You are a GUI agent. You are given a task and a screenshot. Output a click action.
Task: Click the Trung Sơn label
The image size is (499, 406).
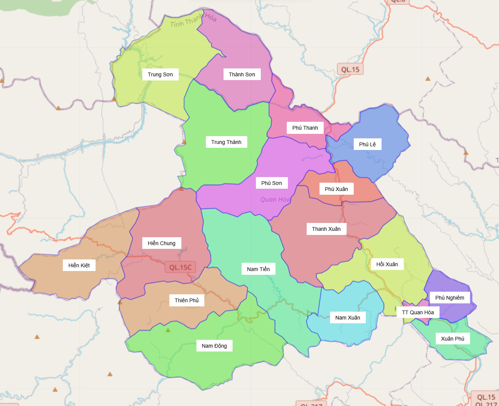click(160, 74)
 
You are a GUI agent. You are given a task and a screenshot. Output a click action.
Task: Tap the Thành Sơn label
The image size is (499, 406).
click(242, 74)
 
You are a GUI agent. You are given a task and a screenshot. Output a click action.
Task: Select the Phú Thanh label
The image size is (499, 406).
click(305, 128)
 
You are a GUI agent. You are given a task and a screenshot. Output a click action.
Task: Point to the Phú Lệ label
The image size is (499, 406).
click(367, 144)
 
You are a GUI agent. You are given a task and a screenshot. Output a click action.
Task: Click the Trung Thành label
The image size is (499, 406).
click(226, 142)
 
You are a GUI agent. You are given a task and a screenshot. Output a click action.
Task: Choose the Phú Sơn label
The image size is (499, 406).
click(271, 183)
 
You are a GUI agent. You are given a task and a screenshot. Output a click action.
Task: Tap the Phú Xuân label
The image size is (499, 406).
click(336, 189)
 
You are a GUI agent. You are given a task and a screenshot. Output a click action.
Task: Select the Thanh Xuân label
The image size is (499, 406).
click(326, 229)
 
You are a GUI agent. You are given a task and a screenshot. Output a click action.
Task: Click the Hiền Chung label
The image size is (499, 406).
click(161, 243)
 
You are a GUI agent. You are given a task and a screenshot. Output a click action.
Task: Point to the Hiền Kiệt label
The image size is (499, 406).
click(79, 265)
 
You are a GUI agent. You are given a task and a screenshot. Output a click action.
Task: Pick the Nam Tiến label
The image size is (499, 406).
click(258, 269)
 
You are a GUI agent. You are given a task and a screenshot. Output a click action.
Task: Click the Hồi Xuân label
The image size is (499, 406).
click(387, 264)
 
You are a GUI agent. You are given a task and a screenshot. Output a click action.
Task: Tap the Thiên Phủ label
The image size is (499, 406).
click(187, 300)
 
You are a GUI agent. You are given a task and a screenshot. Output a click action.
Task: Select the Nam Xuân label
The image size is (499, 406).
click(348, 318)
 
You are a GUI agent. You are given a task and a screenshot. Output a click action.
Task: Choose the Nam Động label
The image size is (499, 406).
click(214, 346)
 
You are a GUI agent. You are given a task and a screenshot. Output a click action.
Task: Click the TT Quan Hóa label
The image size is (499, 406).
click(418, 312)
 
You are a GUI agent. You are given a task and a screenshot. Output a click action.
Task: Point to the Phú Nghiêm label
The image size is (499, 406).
click(450, 298)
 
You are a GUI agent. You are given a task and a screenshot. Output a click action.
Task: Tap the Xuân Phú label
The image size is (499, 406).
click(453, 339)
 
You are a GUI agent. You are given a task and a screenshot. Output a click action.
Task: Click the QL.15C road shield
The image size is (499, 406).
click(180, 267)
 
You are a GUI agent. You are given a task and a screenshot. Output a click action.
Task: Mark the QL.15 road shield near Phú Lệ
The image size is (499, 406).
click(350, 70)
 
